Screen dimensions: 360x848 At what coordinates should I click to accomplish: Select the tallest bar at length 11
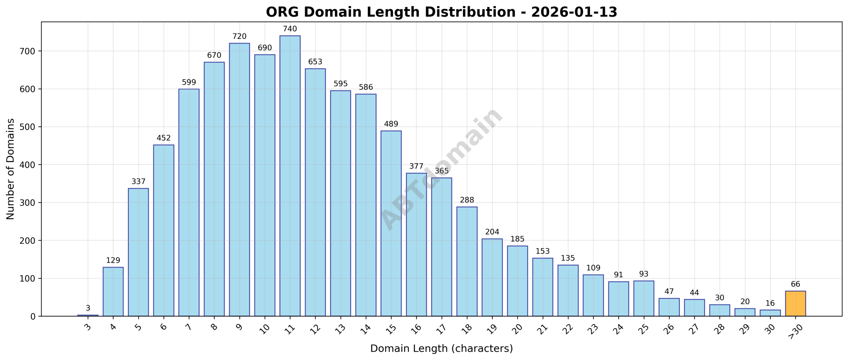290,176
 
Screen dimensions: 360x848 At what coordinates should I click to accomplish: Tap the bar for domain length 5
138,252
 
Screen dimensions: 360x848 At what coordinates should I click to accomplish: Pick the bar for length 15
391,224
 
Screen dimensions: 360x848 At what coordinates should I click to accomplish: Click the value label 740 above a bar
290,29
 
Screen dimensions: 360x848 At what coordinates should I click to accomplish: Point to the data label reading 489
391,124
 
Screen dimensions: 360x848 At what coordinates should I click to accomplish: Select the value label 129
113,260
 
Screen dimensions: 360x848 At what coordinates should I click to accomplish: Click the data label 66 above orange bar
795,284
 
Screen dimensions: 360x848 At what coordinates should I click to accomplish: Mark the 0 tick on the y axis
32,317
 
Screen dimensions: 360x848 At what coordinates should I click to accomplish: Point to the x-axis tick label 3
87,327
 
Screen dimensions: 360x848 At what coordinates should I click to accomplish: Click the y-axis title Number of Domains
11,169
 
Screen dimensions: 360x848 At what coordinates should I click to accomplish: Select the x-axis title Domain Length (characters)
441,348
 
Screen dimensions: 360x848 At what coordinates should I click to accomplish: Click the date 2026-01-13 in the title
574,12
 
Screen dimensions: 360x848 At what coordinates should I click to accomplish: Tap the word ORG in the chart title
282,12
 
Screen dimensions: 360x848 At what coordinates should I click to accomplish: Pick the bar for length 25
643,298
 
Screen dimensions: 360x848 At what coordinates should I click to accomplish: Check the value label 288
467,200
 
